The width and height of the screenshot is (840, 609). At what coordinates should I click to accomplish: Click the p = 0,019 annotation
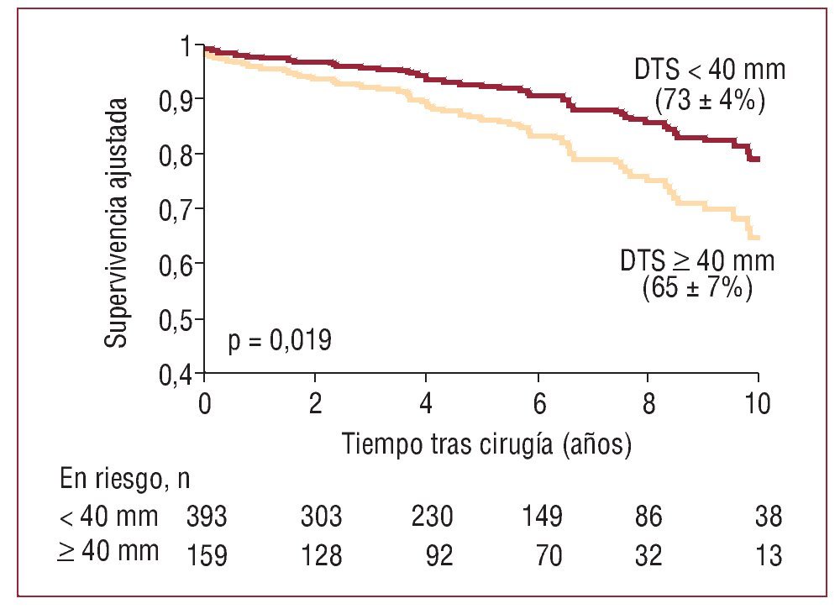(279, 342)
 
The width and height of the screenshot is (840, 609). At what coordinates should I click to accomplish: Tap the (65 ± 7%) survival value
(696, 288)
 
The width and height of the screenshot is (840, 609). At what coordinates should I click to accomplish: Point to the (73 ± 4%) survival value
(709, 101)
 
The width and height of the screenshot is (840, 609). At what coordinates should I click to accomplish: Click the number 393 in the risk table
(207, 517)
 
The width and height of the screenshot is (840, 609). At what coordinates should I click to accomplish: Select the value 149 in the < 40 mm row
(538, 517)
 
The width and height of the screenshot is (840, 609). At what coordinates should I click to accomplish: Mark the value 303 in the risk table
(321, 517)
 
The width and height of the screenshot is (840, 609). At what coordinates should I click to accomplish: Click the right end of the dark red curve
(757, 159)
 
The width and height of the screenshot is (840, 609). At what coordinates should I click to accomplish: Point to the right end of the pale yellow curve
(757, 238)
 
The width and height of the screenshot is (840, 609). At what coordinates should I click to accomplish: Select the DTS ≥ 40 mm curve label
(697, 261)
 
